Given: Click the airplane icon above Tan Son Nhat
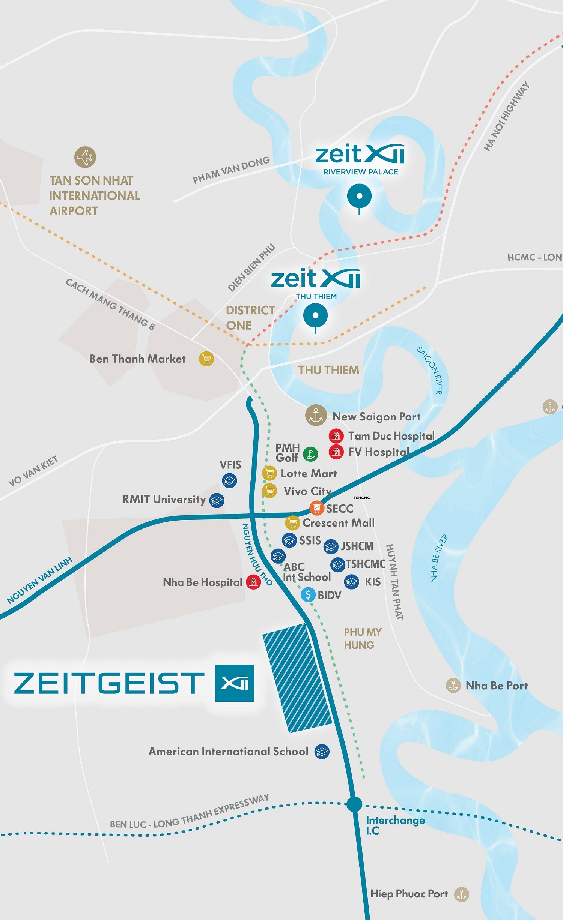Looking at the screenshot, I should pyautogui.click(x=85, y=157).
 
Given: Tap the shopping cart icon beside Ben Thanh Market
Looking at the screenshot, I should pyautogui.click(x=206, y=359).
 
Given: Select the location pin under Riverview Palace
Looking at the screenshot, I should pyautogui.click(x=359, y=196).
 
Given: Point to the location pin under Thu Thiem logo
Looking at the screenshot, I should pyautogui.click(x=315, y=316).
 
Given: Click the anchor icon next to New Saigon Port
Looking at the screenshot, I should pyautogui.click(x=316, y=415).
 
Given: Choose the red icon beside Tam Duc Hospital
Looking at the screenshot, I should pyautogui.click(x=336, y=436).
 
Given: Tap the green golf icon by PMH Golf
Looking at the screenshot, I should pyautogui.click(x=310, y=454).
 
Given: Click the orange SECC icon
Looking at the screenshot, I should pyautogui.click(x=317, y=508).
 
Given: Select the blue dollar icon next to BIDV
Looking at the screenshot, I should pyautogui.click(x=308, y=594).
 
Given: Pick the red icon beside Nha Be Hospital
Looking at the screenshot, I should pyautogui.click(x=253, y=582).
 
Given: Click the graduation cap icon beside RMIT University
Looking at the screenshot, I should pyautogui.click(x=217, y=500).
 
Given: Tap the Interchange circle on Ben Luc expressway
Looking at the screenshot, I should pyautogui.click(x=354, y=804).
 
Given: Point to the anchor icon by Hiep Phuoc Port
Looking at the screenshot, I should pyautogui.click(x=462, y=894).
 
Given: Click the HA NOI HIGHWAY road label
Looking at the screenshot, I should pyautogui.click(x=506, y=117).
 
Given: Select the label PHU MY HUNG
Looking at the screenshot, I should pyautogui.click(x=362, y=639).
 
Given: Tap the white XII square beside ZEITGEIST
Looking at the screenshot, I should pyautogui.click(x=235, y=683).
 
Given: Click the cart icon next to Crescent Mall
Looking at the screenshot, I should pyautogui.click(x=292, y=522).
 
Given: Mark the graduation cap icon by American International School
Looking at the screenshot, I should pyautogui.click(x=322, y=752).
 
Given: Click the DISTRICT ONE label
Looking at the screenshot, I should pyautogui.click(x=250, y=318).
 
